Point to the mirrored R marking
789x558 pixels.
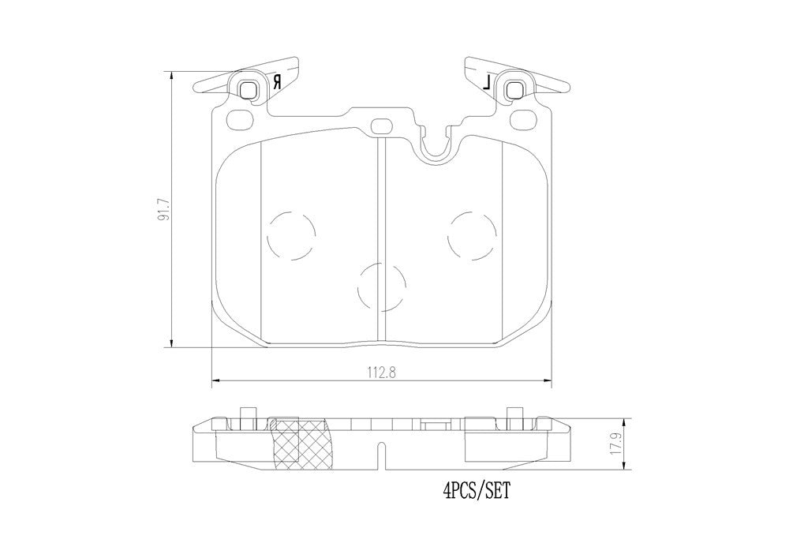coord(276,82)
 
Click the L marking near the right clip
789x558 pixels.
coord(487,81)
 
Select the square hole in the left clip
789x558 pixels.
coord(249,89)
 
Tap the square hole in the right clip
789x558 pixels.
coord(514,89)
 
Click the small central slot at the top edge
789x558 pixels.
coord(382,125)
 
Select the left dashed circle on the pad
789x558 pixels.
coord(291,234)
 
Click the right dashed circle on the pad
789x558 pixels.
coord(471,234)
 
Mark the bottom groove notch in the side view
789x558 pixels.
coord(382,456)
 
